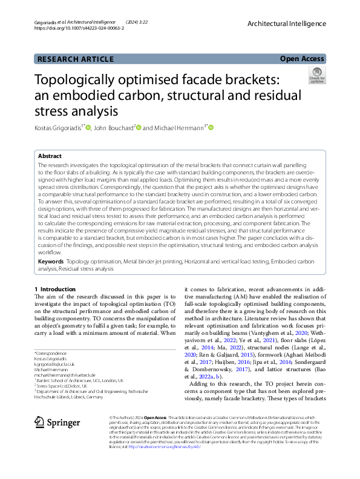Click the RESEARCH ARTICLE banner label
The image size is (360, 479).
click(76, 59)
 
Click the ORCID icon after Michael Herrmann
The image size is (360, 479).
click(212, 128)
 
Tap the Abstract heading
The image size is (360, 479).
click(50, 156)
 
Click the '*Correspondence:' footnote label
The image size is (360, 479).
click(51, 353)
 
